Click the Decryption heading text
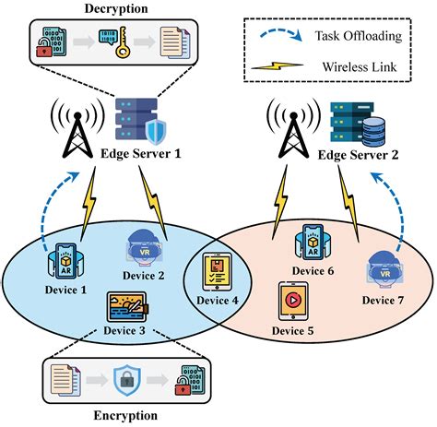point(116,8)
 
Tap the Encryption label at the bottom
point(125,415)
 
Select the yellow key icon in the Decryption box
point(122,42)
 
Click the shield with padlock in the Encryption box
point(127,380)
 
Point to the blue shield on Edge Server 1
point(156,133)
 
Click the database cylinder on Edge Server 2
point(373,132)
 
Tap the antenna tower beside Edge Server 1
point(77,129)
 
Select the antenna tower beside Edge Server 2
point(293,129)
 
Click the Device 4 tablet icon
point(218,272)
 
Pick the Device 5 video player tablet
point(293,302)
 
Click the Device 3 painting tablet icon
point(127,307)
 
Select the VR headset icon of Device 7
point(384,269)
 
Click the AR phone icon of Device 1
point(65,261)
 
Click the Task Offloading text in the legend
point(359,36)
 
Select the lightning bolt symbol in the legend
point(278,65)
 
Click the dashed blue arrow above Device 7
point(391,209)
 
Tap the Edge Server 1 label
point(141,153)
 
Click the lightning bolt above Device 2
point(153,203)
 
